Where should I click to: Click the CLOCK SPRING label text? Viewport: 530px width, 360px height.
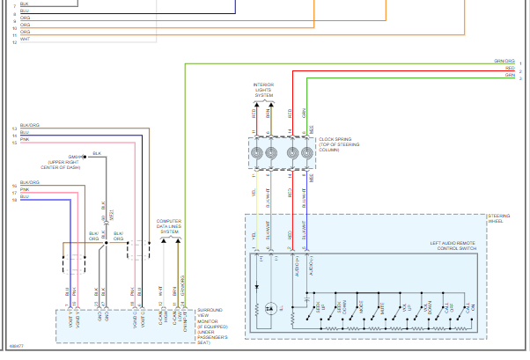[336, 139]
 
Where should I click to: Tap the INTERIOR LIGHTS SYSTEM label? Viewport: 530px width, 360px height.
[264, 89]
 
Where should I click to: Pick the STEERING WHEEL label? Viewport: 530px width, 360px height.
[499, 219]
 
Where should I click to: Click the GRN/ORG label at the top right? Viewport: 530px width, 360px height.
[504, 62]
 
